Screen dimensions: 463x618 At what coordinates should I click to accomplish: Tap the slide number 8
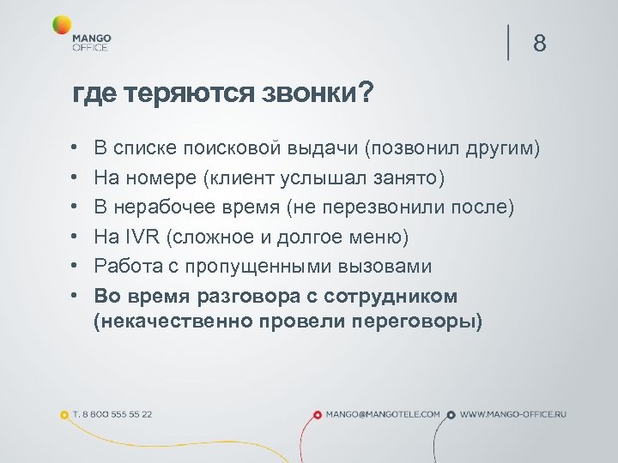point(539,44)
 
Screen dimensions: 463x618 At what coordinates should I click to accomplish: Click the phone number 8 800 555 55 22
point(112,414)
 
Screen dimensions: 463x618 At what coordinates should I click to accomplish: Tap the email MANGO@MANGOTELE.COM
point(383,414)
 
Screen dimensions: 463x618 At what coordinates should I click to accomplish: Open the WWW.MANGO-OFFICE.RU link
point(513,414)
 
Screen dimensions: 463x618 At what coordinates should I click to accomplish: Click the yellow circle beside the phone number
point(64,415)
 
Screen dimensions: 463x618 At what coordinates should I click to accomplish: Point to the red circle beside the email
point(318,415)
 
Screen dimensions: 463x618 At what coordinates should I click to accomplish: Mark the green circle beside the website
point(452,415)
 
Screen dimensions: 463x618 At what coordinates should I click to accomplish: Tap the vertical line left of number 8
point(509,43)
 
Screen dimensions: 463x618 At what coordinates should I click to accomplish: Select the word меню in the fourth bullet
point(373,237)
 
